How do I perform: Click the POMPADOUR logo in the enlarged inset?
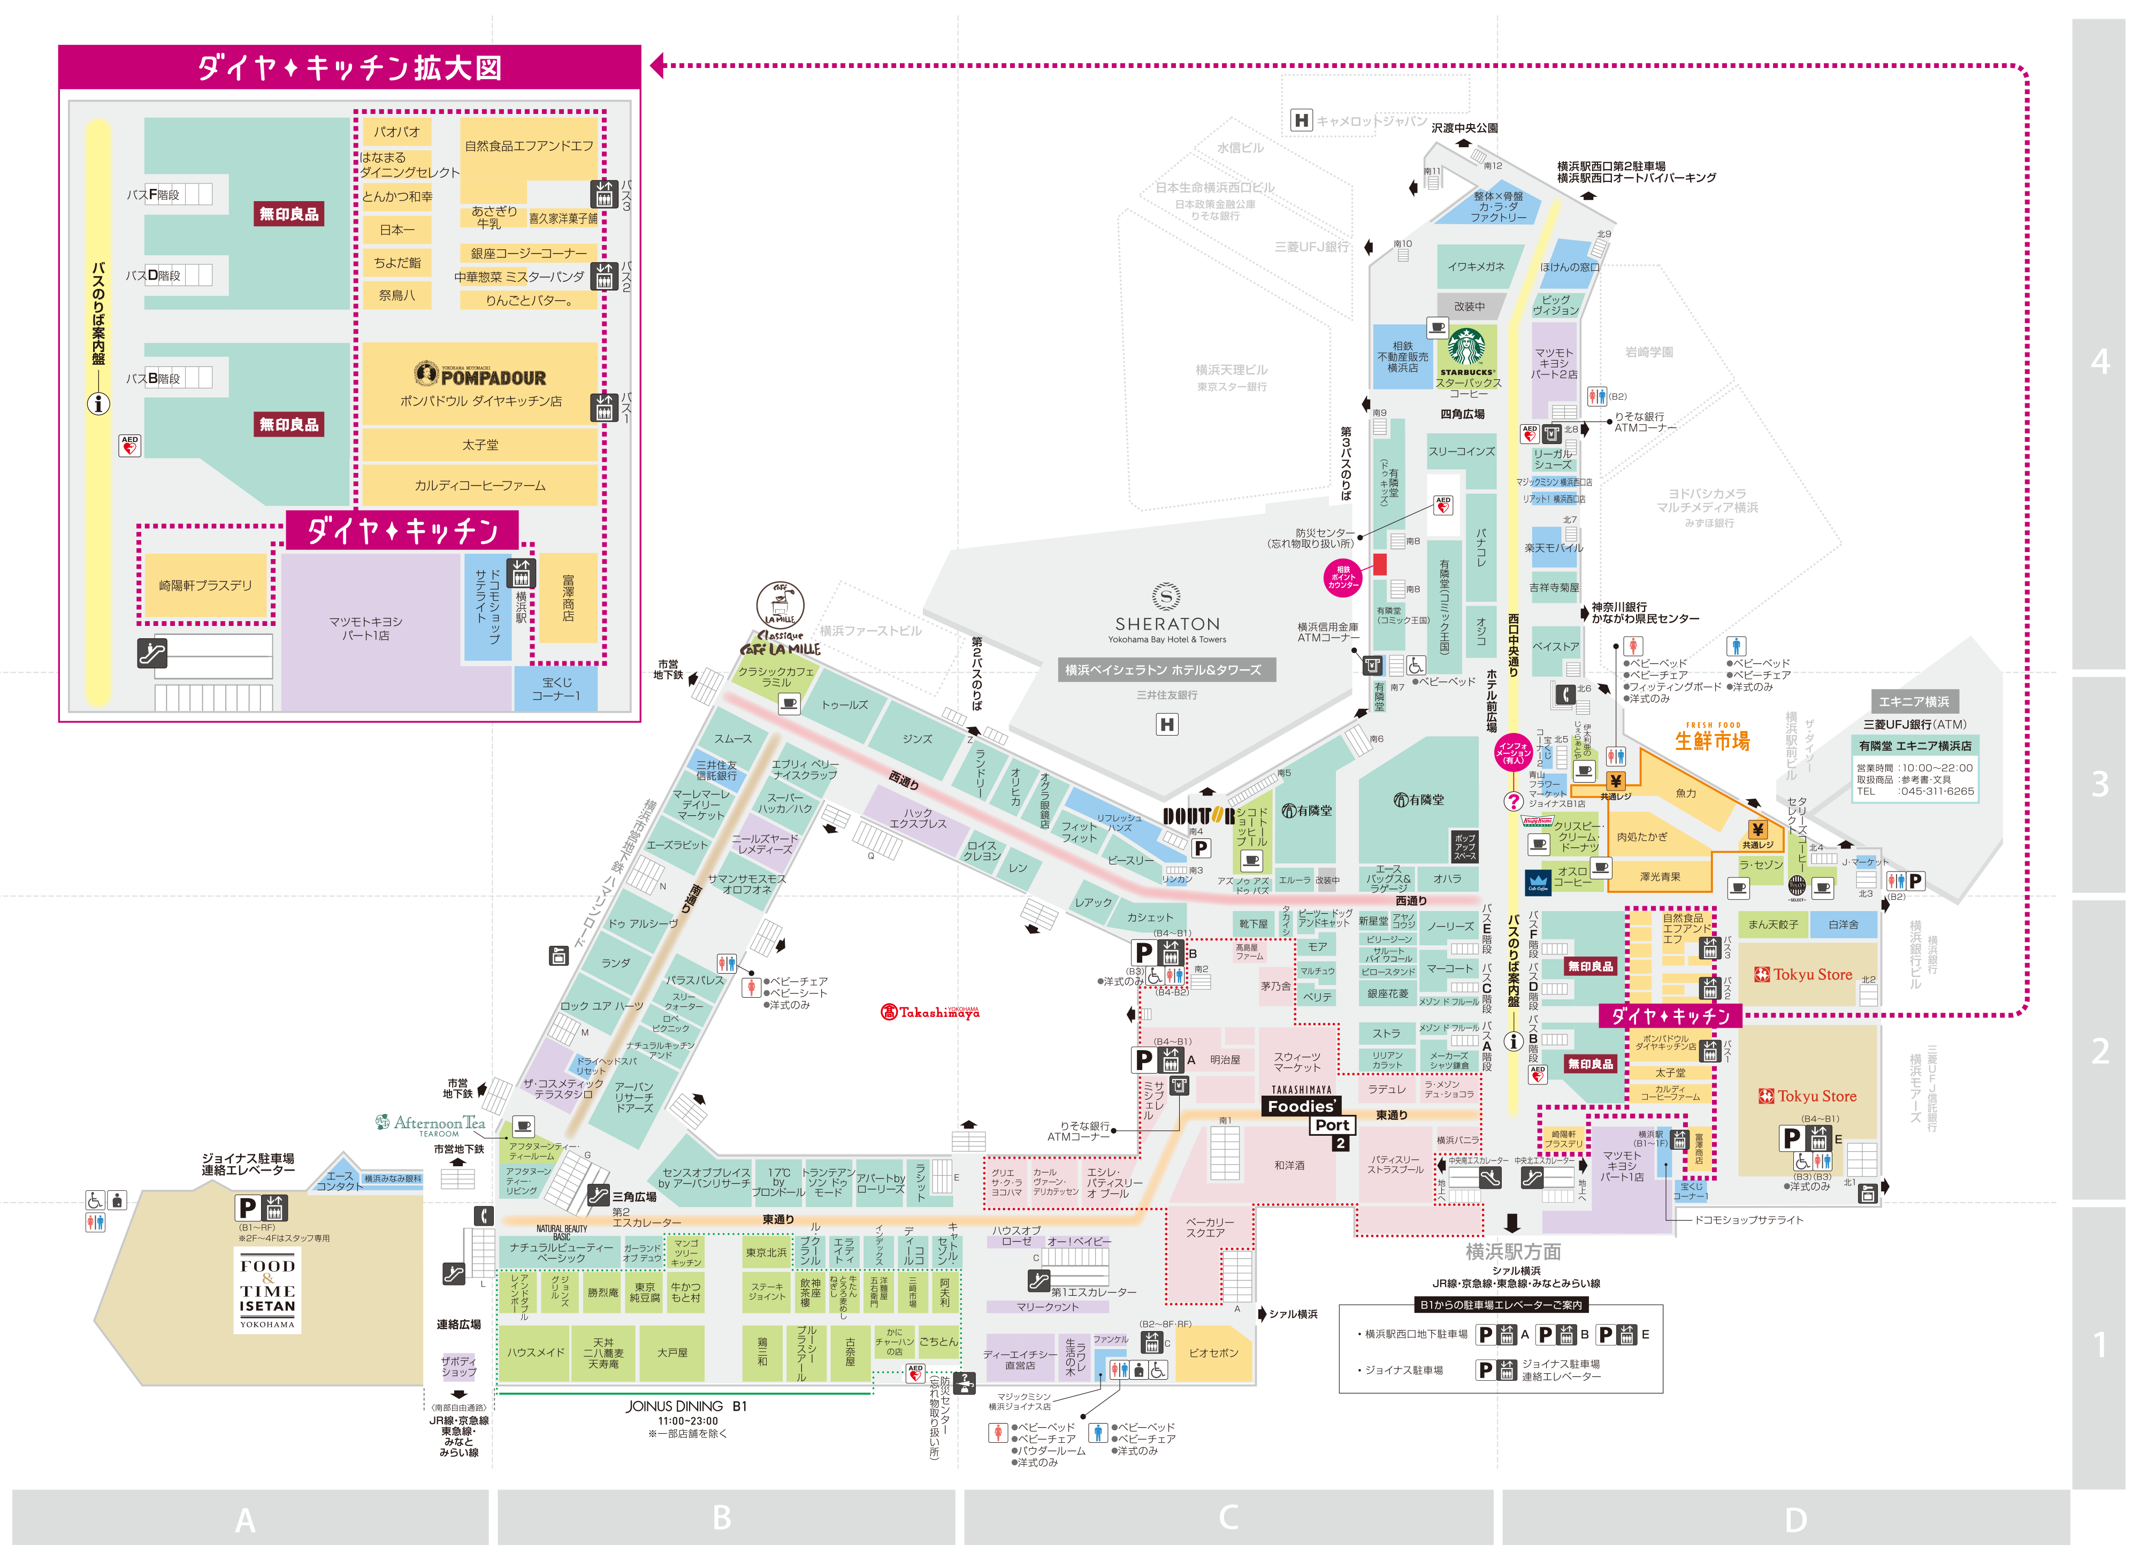(480, 376)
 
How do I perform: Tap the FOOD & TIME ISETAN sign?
(267, 1291)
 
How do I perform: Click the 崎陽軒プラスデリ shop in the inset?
(206, 585)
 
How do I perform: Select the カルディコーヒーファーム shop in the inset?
(480, 485)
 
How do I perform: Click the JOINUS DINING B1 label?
(686, 1406)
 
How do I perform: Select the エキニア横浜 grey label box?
(1913, 701)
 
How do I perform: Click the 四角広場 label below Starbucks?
(1462, 414)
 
